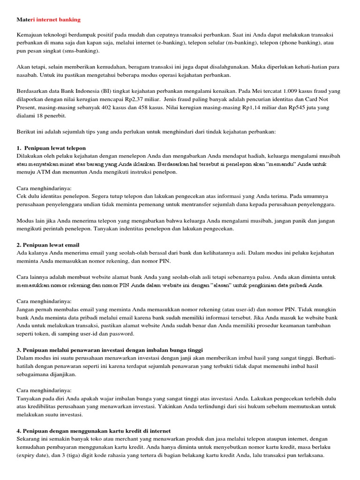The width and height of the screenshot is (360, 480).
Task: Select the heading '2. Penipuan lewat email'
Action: click(48, 245)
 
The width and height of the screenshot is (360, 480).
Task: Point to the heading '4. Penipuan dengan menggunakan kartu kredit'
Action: click(94, 430)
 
